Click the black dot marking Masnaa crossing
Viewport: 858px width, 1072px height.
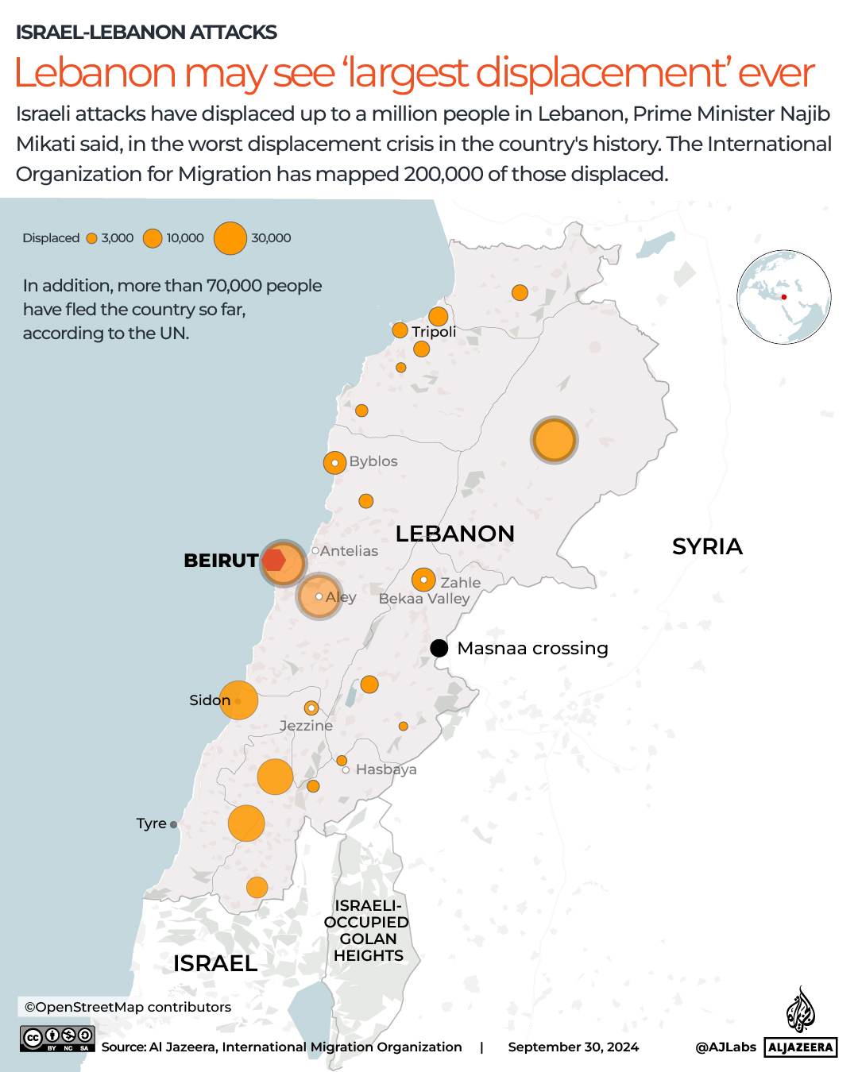(439, 648)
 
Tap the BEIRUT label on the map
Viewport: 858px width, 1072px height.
(221, 561)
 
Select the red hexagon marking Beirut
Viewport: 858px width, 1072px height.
(274, 560)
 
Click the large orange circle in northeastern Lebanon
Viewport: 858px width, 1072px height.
(554, 440)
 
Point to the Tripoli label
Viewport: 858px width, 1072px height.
(434, 332)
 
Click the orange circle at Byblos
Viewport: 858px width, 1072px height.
(334, 462)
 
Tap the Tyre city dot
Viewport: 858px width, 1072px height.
(174, 824)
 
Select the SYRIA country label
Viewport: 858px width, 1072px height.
(707, 546)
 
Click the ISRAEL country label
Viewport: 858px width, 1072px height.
(215, 963)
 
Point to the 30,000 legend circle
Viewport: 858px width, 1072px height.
(230, 238)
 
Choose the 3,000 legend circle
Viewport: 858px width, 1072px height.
(92, 238)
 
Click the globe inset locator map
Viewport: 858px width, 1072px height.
(783, 297)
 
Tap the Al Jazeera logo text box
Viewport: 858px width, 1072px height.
(801, 1047)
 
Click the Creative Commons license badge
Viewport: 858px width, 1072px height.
(58, 1038)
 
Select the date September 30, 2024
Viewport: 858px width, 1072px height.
(573, 1047)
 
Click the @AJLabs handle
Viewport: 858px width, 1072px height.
(725, 1047)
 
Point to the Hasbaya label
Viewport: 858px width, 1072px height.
(386, 769)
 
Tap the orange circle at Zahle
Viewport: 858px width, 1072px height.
(423, 580)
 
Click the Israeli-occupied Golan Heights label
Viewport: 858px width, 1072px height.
(368, 931)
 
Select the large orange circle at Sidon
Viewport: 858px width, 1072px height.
(238, 700)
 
